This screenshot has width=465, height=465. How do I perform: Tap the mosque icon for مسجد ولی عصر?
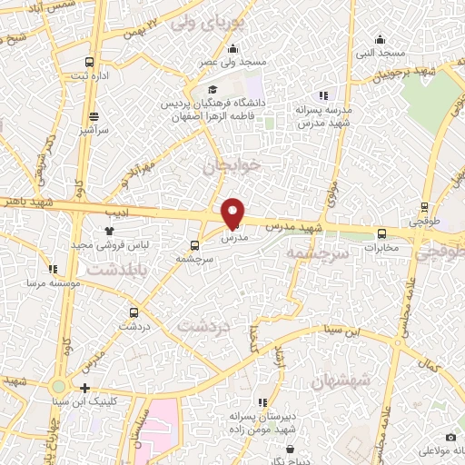(233, 49)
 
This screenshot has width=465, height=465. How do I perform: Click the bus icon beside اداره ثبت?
(89, 62)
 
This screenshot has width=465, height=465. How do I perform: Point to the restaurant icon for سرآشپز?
(94, 116)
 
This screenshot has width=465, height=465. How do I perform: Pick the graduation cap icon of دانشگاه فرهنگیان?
(213, 90)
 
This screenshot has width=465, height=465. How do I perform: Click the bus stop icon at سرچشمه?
(194, 245)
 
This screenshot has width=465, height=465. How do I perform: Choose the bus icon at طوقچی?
(424, 207)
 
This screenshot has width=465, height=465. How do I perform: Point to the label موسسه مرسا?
(47, 283)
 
